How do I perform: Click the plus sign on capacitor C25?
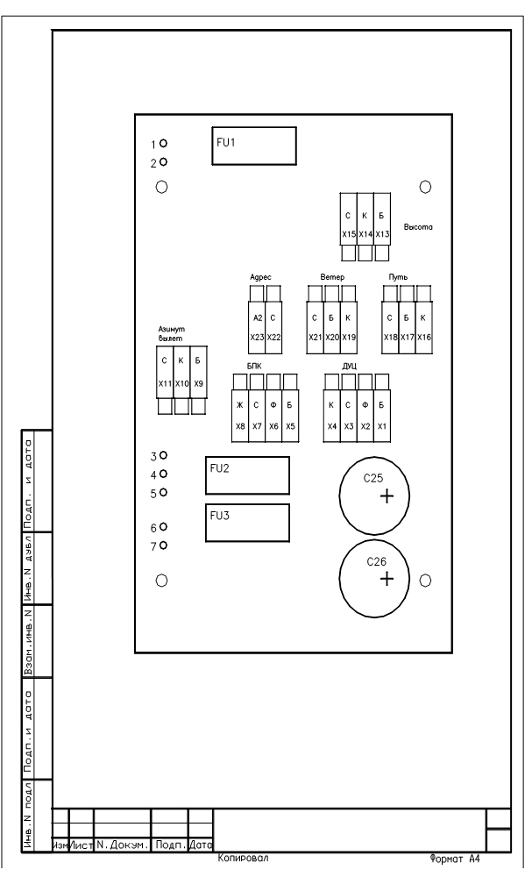[x=387, y=496]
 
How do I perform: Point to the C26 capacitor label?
[x=376, y=561]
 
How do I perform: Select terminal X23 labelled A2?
[x=257, y=327]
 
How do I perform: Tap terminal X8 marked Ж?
[x=240, y=416]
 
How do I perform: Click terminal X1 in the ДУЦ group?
[x=381, y=416]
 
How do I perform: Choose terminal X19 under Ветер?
[x=349, y=327]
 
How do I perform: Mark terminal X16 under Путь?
[x=423, y=327]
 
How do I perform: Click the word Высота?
[x=418, y=228]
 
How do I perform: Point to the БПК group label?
[x=254, y=367]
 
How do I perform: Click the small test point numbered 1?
[x=163, y=144]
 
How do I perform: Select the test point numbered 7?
[x=163, y=545]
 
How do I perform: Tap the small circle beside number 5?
[x=163, y=492]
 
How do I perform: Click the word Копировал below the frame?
[x=243, y=858]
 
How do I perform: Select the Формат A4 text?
[x=455, y=859]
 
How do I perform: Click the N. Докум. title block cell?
[x=123, y=845]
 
